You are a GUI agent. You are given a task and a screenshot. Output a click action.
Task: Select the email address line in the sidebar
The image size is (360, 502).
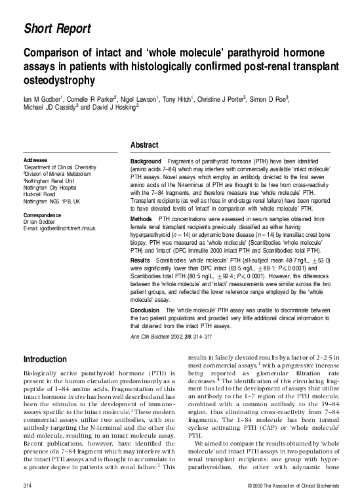coord(60,228)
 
